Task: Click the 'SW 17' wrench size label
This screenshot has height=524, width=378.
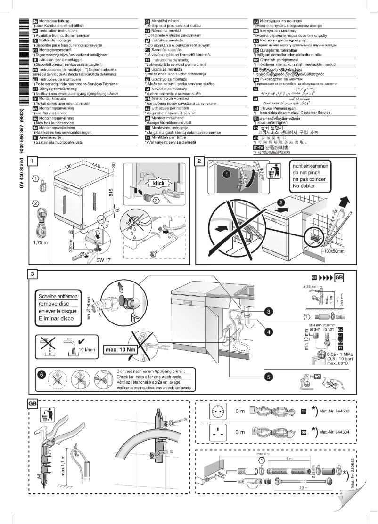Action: pos(103,259)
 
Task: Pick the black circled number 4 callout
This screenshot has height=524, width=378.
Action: pos(268,331)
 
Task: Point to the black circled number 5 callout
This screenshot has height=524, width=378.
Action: pos(268,376)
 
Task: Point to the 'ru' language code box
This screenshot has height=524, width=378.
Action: pos(256,22)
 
